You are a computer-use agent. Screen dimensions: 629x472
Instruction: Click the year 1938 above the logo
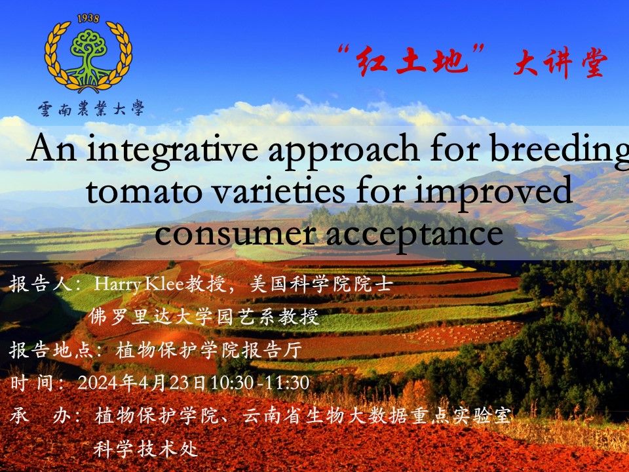point(88,19)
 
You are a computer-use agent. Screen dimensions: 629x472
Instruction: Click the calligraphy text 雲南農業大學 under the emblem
point(91,108)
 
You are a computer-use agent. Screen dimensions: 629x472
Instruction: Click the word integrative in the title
point(172,149)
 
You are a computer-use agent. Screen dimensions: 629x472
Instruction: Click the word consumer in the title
point(235,233)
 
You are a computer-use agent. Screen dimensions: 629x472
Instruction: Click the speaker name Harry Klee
point(138,285)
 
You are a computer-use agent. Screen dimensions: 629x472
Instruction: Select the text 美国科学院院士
point(321,284)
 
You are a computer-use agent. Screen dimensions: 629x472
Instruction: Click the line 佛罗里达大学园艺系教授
point(204,317)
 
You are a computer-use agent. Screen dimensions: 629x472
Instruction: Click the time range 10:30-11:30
point(260,383)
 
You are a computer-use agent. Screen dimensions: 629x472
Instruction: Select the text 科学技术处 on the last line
point(145,448)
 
